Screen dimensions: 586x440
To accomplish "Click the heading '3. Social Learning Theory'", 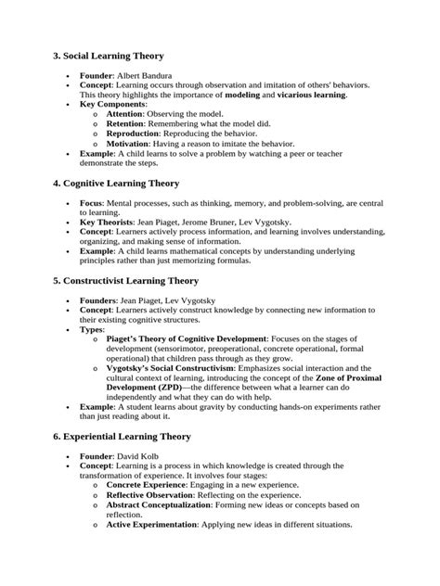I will [120, 56].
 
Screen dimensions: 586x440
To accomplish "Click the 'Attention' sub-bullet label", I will [131, 113].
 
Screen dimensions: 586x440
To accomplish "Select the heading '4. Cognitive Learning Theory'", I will [126, 185].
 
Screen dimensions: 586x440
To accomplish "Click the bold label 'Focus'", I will [91, 203].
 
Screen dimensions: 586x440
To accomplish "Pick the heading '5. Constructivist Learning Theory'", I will [138, 280].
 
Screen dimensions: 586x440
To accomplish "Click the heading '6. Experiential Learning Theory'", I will [135, 436].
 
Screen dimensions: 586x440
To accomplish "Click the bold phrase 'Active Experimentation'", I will [152, 525].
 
